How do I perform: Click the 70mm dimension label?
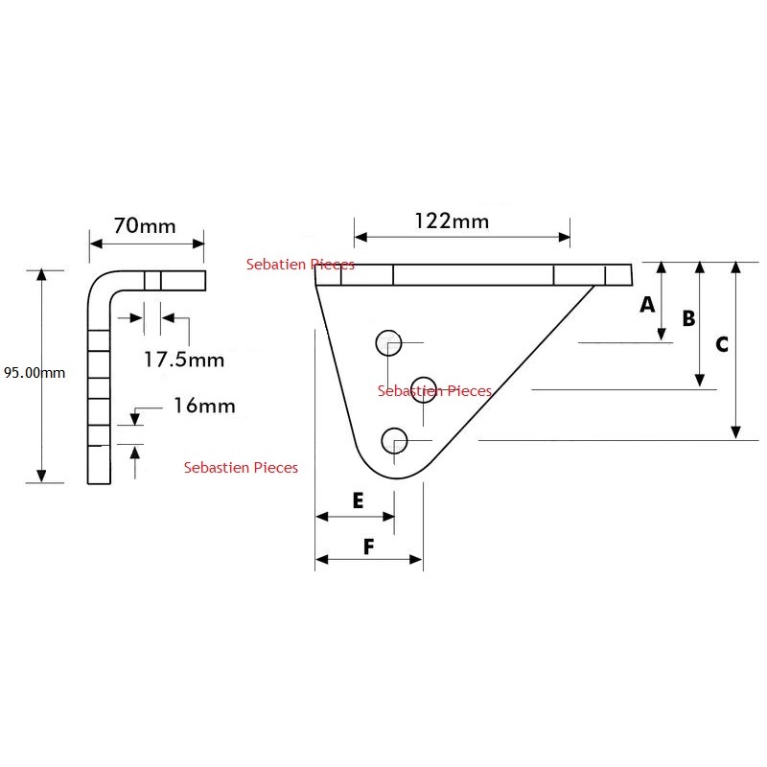click(x=145, y=226)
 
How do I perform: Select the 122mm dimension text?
click(x=452, y=221)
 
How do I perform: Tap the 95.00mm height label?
click(x=35, y=373)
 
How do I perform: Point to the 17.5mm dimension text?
click(x=184, y=360)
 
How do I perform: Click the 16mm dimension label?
click(x=204, y=406)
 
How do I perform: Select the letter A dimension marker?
click(x=647, y=304)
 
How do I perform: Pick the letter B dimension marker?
click(x=688, y=318)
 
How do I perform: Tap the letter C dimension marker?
click(x=722, y=344)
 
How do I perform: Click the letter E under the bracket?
click(x=358, y=500)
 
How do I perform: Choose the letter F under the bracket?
click(x=369, y=546)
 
